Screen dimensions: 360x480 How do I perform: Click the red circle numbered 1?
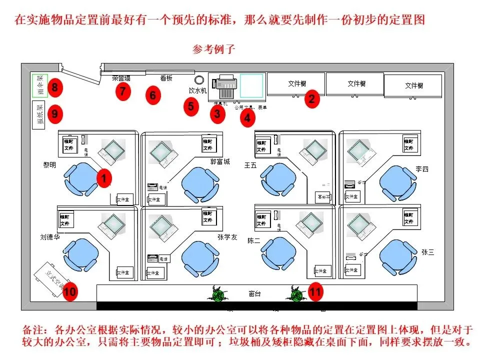[x=104, y=178]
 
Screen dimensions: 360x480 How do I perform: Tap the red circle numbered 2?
[x=312, y=98]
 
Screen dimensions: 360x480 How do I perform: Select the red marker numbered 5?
[x=190, y=106]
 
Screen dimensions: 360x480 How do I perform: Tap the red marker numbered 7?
[x=122, y=91]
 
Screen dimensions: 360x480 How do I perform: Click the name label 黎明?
[x=49, y=164]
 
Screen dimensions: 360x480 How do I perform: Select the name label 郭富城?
[x=220, y=162]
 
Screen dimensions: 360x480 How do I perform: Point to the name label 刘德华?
[x=50, y=237]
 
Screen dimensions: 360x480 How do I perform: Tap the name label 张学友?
[x=227, y=237]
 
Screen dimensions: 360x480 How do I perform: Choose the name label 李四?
[x=422, y=169]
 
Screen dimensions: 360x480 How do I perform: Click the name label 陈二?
[x=254, y=240]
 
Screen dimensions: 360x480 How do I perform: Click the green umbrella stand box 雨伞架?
[x=39, y=85]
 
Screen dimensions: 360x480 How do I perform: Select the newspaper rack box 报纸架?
[x=39, y=115]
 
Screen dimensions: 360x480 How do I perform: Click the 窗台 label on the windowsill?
[x=254, y=293]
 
